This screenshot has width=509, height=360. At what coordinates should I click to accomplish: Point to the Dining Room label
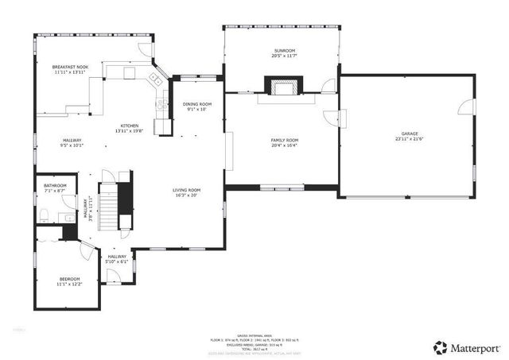(196, 104)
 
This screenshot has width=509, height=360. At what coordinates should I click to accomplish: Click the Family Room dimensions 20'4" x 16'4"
(284, 146)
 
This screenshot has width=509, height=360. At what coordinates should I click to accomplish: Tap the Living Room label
(187, 190)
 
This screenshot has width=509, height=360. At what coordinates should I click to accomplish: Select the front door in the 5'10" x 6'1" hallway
(115, 276)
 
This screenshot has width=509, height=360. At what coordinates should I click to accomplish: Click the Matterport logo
(467, 347)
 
